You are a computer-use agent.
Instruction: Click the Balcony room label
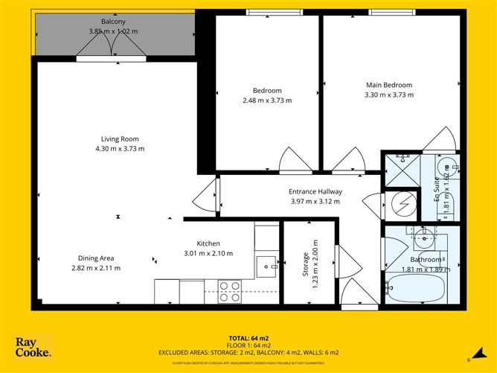[x=114, y=21]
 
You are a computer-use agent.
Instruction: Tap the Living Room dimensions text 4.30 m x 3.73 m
[x=120, y=148]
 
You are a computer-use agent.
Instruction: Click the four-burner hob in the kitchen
[x=230, y=290]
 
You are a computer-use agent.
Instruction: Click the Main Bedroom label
[x=388, y=85]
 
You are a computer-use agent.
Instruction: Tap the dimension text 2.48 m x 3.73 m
[x=267, y=101]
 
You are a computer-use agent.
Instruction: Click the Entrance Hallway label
[x=314, y=191]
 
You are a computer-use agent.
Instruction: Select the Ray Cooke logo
[x=33, y=347]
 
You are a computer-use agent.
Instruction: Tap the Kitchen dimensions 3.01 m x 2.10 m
[x=208, y=253]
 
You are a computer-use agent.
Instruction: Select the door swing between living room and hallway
[x=202, y=197]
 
